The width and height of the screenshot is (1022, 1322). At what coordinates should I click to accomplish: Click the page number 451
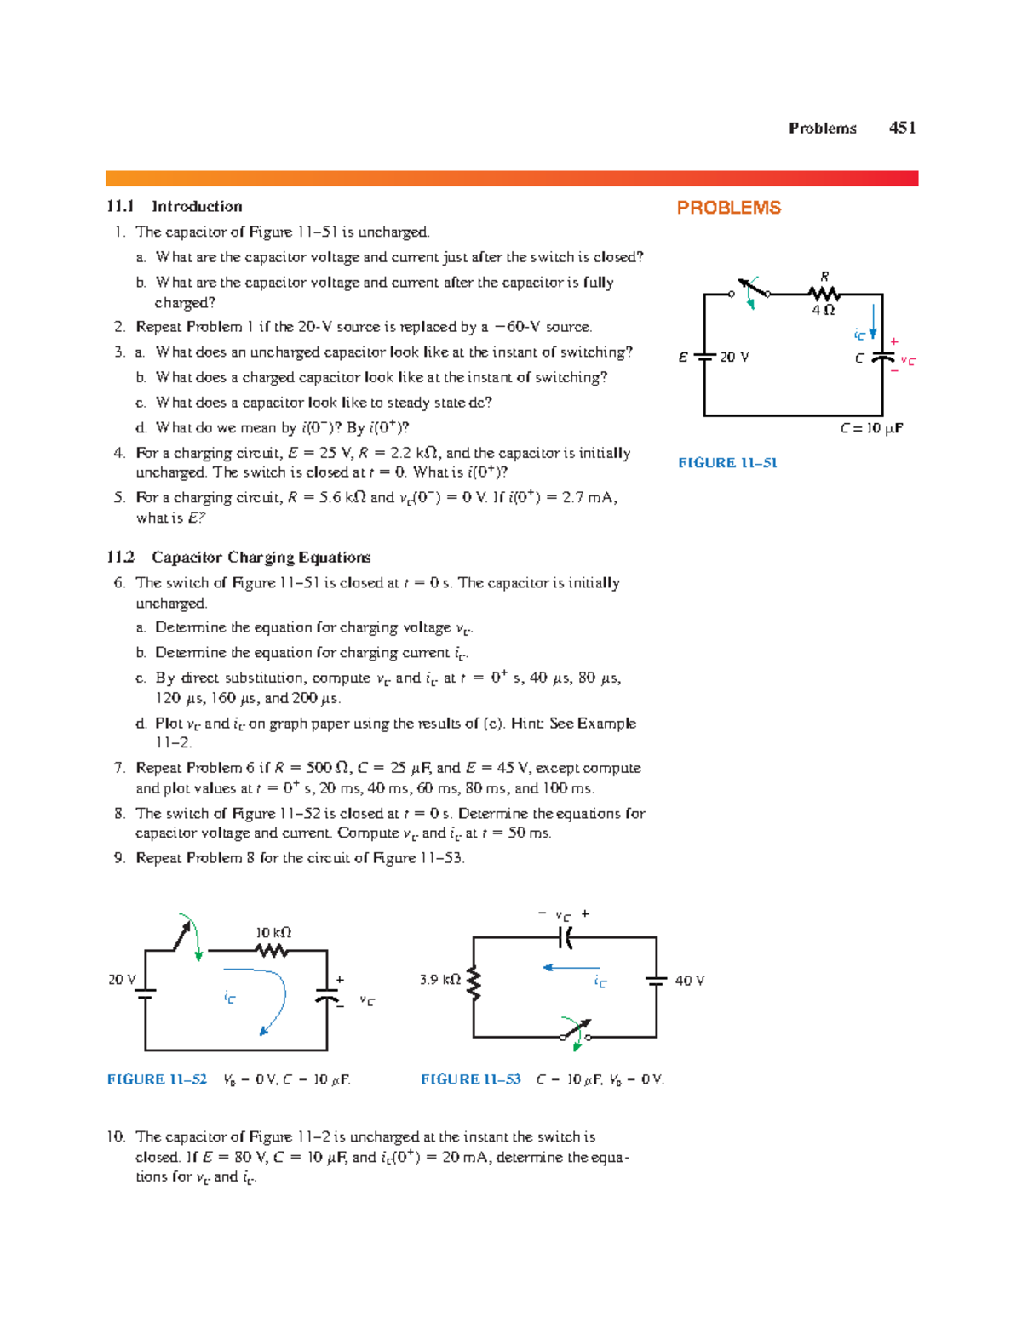pyautogui.click(x=902, y=128)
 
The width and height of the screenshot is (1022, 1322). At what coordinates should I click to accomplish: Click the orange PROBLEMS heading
pyautogui.click(x=728, y=208)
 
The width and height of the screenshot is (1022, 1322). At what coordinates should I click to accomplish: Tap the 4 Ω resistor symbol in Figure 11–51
pyautogui.click(x=824, y=294)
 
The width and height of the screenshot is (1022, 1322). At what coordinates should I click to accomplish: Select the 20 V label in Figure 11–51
pyautogui.click(x=734, y=358)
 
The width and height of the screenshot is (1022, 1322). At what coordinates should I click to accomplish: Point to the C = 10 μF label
pyautogui.click(x=871, y=429)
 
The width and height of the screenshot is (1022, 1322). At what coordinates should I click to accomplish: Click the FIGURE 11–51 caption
pyautogui.click(x=727, y=463)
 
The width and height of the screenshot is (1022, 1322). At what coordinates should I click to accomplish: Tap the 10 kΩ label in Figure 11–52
pyautogui.click(x=273, y=933)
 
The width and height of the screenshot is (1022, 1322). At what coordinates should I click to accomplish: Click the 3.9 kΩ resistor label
pyautogui.click(x=439, y=980)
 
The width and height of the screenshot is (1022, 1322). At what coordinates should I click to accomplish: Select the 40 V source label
pyautogui.click(x=689, y=981)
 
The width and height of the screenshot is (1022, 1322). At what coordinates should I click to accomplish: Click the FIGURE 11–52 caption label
pyautogui.click(x=157, y=1079)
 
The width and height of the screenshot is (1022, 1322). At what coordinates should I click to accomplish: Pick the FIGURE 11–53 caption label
pyautogui.click(x=470, y=1079)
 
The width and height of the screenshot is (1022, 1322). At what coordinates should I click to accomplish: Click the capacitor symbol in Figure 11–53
pyautogui.click(x=565, y=937)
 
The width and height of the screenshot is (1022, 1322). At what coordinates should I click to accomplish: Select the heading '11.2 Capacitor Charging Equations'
pyautogui.click(x=238, y=558)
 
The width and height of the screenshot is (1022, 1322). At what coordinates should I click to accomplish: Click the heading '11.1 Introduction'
pyautogui.click(x=175, y=207)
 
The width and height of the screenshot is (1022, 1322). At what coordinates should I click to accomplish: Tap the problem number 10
pyautogui.click(x=116, y=1137)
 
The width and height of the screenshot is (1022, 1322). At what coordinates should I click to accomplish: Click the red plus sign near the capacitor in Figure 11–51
pyautogui.click(x=894, y=341)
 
